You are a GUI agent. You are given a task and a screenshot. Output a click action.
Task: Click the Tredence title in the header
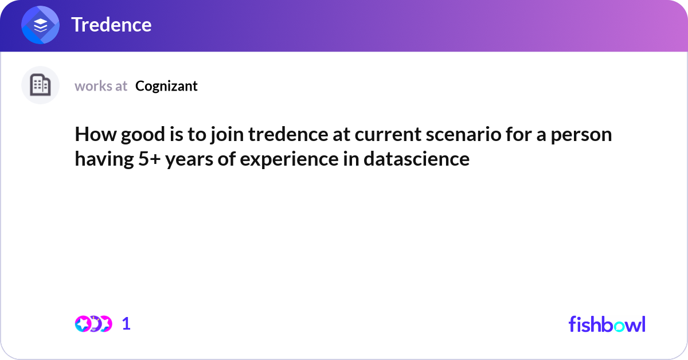click(111, 25)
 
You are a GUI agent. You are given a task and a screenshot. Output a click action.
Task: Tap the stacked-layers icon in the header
click(41, 25)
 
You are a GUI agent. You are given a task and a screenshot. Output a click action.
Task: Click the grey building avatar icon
click(40, 85)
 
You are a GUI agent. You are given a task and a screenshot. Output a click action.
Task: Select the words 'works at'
click(101, 86)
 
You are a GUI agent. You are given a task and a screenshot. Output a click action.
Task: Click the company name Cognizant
click(166, 86)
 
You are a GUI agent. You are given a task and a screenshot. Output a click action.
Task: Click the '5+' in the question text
click(150, 159)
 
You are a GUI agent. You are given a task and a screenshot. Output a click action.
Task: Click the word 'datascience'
click(416, 159)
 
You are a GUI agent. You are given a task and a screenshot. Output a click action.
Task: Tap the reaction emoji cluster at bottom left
click(93, 324)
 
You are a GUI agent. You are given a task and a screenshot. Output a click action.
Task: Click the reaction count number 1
click(126, 324)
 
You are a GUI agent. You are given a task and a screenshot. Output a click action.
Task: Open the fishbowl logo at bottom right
click(607, 324)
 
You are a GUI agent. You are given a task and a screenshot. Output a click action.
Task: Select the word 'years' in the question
click(188, 159)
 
